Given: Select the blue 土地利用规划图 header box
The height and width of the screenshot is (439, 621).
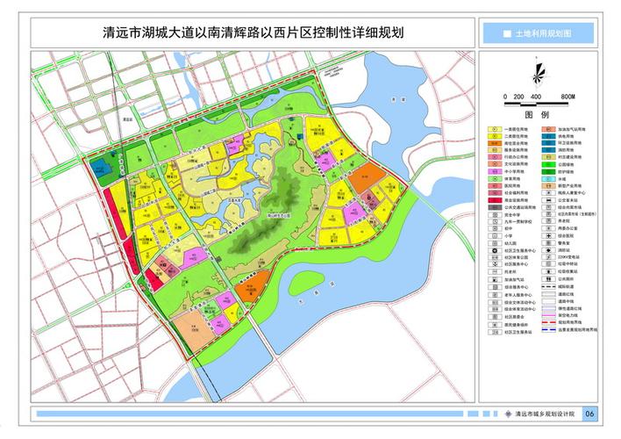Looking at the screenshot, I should (537, 32).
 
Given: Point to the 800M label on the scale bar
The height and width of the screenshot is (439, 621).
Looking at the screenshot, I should (568, 95).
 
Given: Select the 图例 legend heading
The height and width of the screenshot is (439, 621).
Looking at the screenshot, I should (537, 115).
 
